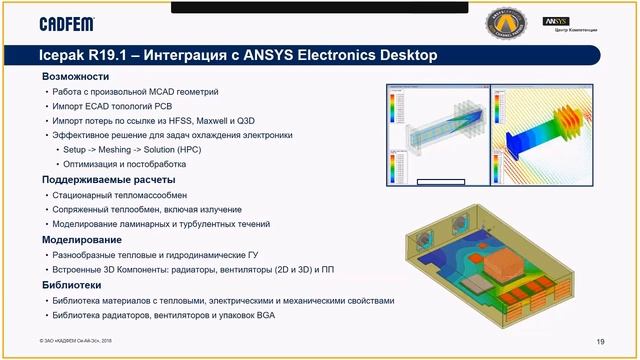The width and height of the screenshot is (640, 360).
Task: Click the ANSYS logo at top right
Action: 556,20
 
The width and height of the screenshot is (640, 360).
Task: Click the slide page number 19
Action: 600,342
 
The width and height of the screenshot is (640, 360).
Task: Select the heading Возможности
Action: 76,77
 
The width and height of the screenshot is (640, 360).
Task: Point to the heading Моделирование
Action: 82,240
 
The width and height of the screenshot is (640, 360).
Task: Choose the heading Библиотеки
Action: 74,285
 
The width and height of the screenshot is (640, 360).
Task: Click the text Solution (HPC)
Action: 185,149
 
